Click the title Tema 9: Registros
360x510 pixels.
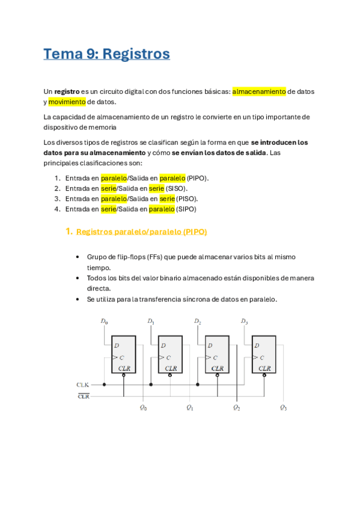point(106,54)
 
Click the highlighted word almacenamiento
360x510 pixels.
point(259,91)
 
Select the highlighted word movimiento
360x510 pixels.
point(67,102)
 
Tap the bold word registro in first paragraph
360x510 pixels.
point(67,91)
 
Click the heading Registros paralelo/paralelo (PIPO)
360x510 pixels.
point(142,232)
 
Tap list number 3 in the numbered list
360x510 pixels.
point(57,198)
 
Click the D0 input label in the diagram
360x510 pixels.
point(104,322)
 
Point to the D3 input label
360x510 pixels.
point(244,322)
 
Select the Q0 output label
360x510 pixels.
point(143,408)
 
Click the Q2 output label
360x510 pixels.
point(237,408)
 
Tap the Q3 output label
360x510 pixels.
point(283,408)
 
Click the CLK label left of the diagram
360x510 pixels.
point(83,384)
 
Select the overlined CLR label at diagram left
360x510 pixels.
point(83,396)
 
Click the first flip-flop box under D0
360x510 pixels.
point(123,354)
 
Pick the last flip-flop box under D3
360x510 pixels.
point(264,354)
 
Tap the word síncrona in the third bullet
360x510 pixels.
point(203,299)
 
